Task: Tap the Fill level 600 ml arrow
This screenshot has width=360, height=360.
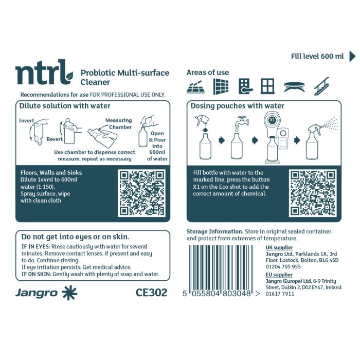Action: click(x=352, y=56)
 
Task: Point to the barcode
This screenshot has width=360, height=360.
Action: click(x=222, y=270)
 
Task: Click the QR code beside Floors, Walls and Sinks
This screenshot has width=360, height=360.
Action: click(x=141, y=194)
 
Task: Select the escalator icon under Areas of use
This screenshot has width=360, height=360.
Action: click(x=321, y=86)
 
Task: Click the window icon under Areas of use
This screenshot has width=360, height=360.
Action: click(x=267, y=86)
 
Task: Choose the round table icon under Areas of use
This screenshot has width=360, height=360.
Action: click(x=294, y=86)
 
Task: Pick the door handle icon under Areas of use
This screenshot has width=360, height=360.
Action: click(x=244, y=86)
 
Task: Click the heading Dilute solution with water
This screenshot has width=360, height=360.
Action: click(x=65, y=106)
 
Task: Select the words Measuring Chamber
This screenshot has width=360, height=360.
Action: click(x=119, y=124)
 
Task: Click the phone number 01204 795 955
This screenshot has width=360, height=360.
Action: click(x=283, y=266)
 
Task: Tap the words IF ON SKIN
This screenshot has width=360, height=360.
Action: click(x=35, y=274)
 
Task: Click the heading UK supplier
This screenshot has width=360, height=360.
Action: click(x=279, y=247)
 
